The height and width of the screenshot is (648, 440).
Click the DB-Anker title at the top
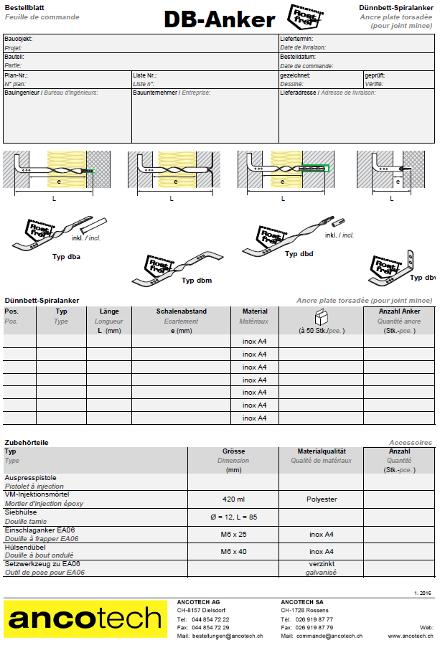(219, 19)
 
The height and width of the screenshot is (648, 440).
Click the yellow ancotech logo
(84, 619)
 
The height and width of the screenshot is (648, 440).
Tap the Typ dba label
(66, 255)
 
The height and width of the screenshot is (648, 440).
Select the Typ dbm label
(196, 281)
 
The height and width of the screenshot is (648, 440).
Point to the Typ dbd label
(299, 254)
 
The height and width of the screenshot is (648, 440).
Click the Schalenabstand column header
(182, 311)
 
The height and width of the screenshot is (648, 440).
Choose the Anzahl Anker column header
(399, 311)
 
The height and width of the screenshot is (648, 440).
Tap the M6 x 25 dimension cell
(233, 534)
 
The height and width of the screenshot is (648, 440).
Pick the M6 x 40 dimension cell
(233, 552)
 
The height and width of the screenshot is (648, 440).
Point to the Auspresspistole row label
(31, 478)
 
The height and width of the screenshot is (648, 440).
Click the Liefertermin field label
(296, 39)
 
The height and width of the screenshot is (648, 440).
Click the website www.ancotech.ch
(411, 636)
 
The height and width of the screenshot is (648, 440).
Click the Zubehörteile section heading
(27, 443)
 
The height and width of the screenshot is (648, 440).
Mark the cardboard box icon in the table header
(321, 316)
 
